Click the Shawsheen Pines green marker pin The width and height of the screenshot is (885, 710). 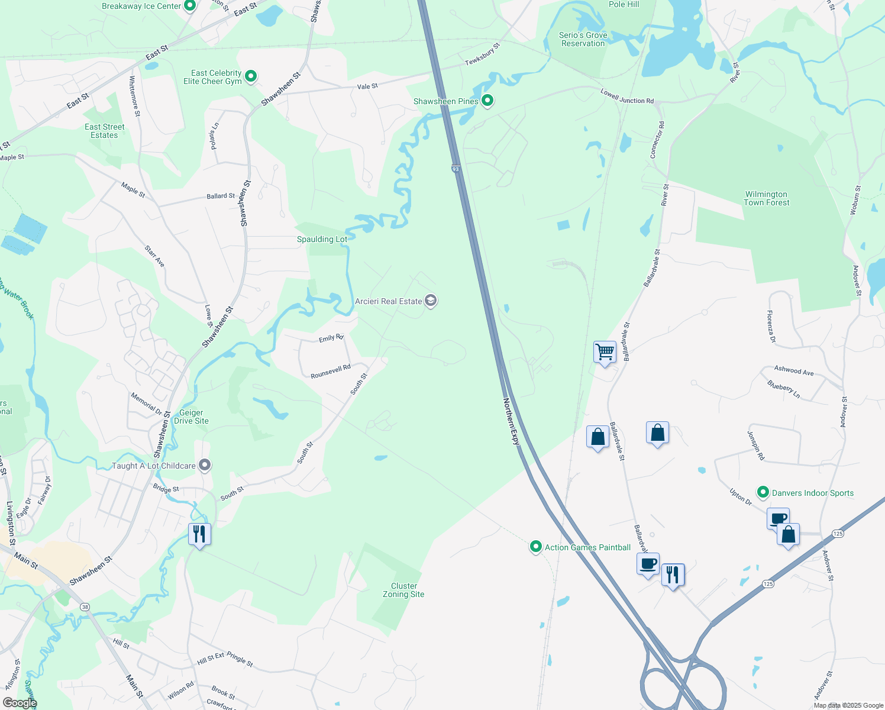[487, 101]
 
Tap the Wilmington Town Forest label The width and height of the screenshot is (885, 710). [766, 198]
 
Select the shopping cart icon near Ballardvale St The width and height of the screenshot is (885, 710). [605, 352]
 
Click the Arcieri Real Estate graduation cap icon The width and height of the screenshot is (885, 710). [431, 301]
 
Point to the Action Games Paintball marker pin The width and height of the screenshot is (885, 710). [535, 547]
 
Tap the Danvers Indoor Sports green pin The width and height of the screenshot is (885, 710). [763, 492]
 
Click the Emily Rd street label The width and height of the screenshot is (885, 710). [331, 338]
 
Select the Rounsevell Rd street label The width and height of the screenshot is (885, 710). [331, 372]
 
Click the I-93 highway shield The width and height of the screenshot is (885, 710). [456, 169]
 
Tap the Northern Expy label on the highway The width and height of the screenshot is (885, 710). [511, 421]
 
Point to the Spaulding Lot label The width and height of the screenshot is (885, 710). [322, 239]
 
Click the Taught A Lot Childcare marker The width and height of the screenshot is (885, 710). [205, 466]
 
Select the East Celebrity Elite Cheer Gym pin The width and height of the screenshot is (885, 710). [251, 76]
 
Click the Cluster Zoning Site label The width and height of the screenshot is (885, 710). [403, 590]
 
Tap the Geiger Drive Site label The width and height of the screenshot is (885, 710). [191, 417]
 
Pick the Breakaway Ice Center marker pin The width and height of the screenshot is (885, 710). [190, 6]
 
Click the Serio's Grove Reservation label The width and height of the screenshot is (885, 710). [583, 39]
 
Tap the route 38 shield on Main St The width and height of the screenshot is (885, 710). [85, 607]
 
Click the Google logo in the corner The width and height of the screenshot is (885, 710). [20, 703]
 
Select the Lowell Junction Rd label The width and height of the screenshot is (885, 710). [627, 96]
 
